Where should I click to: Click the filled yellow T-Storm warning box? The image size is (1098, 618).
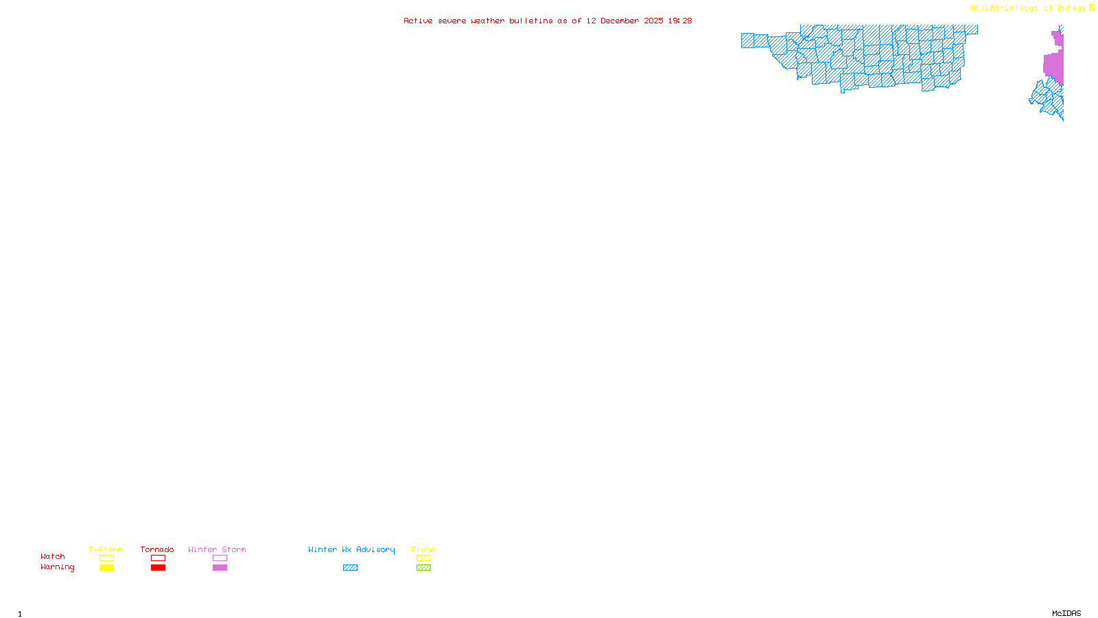click(x=106, y=568)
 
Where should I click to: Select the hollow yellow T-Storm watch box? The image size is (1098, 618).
click(x=106, y=558)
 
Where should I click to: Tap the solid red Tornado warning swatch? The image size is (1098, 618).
click(x=158, y=568)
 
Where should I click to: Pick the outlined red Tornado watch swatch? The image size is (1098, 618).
click(x=158, y=558)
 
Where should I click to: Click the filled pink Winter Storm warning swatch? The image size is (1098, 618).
click(x=220, y=568)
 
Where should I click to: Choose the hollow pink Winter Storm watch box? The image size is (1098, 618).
click(x=220, y=558)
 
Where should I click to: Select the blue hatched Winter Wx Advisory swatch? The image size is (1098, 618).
click(x=350, y=568)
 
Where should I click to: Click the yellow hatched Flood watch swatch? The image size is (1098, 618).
click(x=423, y=558)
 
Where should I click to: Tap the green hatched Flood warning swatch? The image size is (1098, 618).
click(x=423, y=568)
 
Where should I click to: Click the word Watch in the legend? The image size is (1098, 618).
click(x=53, y=557)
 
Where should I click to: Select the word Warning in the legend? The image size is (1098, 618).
click(x=58, y=567)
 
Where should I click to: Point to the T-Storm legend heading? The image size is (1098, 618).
click(x=106, y=549)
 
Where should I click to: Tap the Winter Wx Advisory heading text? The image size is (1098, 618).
click(x=351, y=549)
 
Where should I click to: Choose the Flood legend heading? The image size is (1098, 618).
click(x=423, y=549)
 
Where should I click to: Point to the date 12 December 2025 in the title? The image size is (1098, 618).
click(x=624, y=21)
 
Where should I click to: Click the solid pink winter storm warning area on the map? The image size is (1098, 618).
click(x=1053, y=65)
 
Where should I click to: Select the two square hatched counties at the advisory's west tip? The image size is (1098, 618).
click(x=754, y=41)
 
